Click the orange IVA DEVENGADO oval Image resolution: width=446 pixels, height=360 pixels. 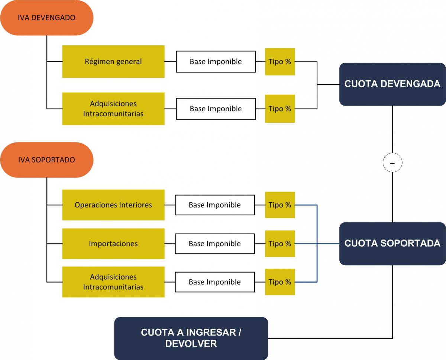tap(46, 18)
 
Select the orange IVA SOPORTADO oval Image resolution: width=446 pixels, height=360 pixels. tap(46, 160)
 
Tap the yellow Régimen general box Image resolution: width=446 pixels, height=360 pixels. tap(113, 61)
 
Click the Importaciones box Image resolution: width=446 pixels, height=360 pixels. tap(113, 244)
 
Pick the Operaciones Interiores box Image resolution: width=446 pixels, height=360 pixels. tap(113, 205)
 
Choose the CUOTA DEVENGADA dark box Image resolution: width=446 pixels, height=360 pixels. tap(392, 84)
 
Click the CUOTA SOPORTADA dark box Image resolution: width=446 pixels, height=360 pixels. tap(392, 244)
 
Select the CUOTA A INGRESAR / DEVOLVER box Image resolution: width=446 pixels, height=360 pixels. tap(191, 338)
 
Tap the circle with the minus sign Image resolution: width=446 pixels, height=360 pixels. tap(392, 163)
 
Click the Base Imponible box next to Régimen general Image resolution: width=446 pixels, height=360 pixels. tap(216, 62)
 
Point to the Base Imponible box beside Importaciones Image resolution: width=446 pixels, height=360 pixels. tap(215, 244)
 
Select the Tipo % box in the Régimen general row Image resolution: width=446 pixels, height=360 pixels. tap(280, 62)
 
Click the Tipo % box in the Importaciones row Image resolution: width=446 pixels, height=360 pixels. tap(280, 244)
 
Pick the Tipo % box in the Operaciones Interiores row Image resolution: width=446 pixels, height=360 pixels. tap(280, 205)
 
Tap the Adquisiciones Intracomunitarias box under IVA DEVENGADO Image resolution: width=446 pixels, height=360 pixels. tap(113, 109)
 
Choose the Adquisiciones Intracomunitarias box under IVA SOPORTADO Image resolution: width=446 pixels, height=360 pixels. tap(113, 282)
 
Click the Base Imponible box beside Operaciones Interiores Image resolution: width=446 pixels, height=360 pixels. tap(215, 205)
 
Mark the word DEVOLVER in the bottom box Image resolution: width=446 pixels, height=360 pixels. tap(191, 344)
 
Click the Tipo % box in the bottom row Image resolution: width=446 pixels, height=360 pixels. tap(280, 282)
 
